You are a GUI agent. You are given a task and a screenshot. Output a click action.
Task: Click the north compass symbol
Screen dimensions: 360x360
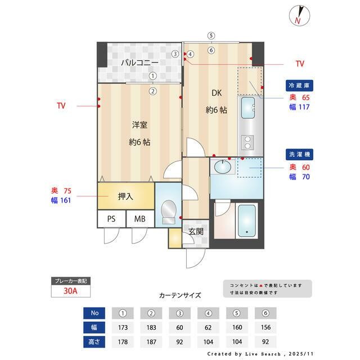(299, 15)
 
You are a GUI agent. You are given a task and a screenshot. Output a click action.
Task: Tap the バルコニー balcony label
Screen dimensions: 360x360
(139, 62)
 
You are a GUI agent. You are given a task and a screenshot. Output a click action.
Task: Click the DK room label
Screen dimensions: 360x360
(216, 93)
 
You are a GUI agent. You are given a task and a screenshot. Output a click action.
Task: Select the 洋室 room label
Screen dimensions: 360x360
(139, 124)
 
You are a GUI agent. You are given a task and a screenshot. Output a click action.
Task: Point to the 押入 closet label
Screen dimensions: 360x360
(125, 197)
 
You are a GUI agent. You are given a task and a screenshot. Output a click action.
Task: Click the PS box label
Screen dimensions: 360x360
(111, 219)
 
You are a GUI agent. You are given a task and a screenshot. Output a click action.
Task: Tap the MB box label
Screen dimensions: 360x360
(139, 219)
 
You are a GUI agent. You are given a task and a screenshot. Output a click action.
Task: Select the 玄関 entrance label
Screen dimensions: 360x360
(196, 231)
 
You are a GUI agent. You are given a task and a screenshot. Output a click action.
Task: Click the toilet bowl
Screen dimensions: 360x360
(168, 213)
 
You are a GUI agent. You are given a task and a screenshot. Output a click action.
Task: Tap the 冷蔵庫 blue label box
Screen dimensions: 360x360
(299, 85)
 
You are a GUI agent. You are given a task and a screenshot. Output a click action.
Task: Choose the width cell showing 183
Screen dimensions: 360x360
(151, 327)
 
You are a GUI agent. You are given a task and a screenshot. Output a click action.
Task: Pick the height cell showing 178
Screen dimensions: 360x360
(123, 341)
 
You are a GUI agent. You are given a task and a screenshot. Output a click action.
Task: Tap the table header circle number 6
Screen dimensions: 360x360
(265, 313)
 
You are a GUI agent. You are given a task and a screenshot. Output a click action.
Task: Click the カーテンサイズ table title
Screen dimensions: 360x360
(179, 295)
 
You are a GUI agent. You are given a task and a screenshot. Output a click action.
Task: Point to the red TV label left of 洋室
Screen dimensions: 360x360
(61, 105)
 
